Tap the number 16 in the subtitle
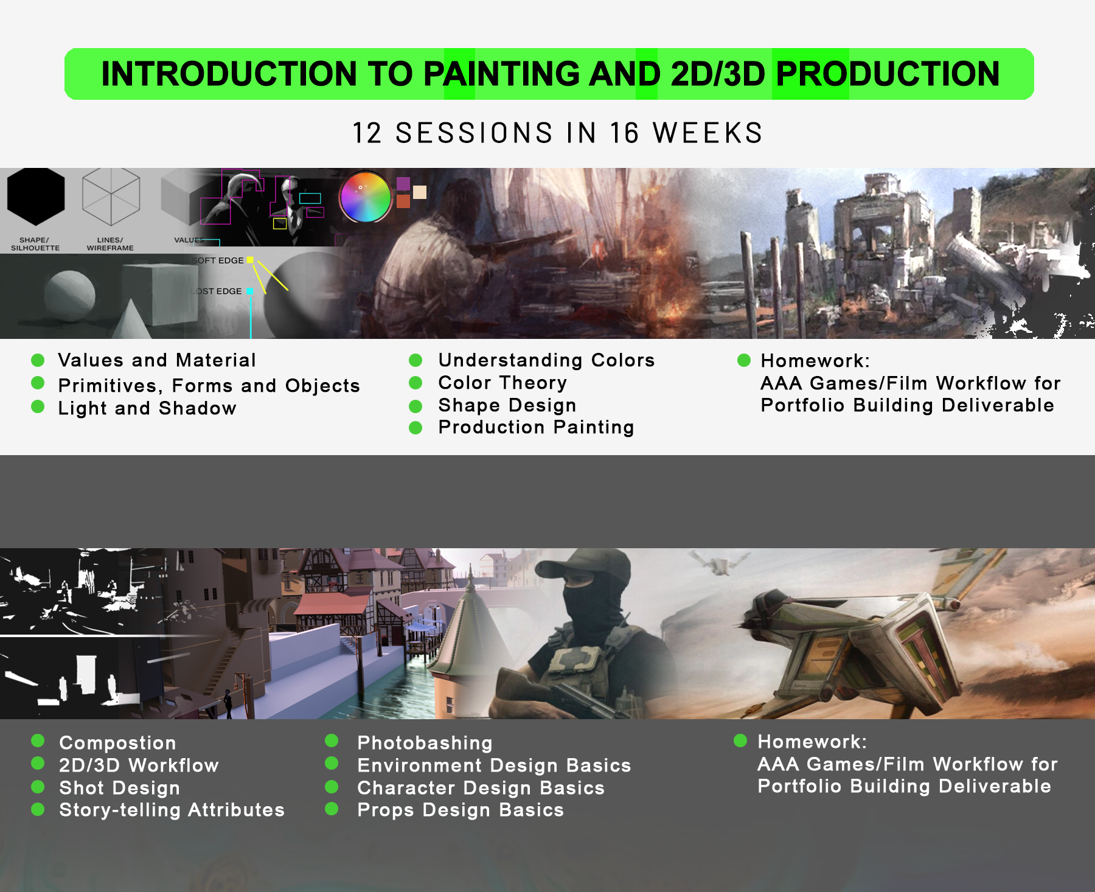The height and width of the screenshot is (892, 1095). (x=624, y=133)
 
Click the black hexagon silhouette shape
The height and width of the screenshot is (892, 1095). (x=36, y=196)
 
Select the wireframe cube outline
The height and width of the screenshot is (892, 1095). (x=111, y=196)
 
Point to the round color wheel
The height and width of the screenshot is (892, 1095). (x=366, y=197)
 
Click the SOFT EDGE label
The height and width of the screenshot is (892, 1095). (x=218, y=260)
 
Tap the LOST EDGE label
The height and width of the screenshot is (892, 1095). (x=218, y=291)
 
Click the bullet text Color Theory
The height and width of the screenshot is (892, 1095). (x=502, y=383)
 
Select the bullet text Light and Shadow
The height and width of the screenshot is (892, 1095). (x=147, y=408)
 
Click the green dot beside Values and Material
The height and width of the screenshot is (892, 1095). (x=38, y=360)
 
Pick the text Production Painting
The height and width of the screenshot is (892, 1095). (x=536, y=427)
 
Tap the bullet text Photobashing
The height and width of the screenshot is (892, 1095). (x=425, y=743)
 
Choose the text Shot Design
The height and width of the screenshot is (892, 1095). (x=119, y=788)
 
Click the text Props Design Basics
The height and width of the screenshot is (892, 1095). (x=461, y=810)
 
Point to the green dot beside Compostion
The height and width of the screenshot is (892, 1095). (x=38, y=740)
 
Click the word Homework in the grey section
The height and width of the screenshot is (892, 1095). (x=811, y=742)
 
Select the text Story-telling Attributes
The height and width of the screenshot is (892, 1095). (x=172, y=810)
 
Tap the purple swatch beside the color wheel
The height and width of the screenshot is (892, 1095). (x=403, y=184)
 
